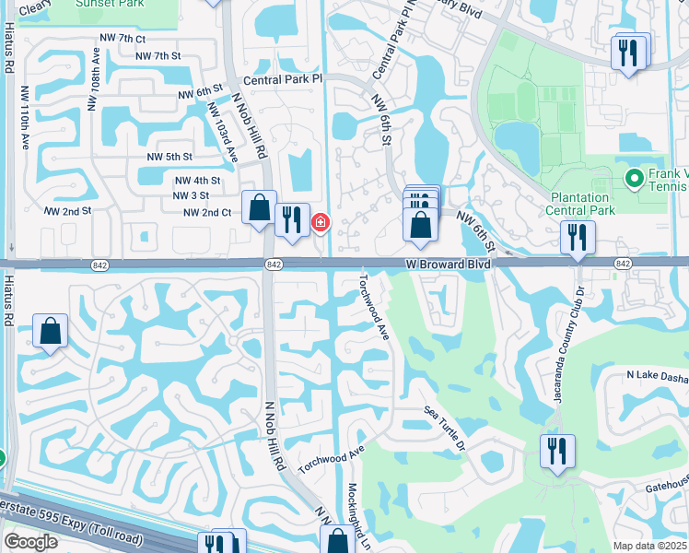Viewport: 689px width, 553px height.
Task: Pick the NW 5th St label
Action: click(169, 158)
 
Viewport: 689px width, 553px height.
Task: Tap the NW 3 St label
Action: click(191, 195)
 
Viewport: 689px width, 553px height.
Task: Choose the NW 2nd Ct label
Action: click(207, 212)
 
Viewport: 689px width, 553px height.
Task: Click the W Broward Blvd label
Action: click(448, 264)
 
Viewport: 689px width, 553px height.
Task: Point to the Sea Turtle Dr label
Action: click(447, 428)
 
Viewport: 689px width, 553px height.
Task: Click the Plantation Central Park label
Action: click(580, 204)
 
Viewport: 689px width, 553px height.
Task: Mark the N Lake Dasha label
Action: click(657, 375)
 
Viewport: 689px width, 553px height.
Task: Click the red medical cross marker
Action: click(321, 222)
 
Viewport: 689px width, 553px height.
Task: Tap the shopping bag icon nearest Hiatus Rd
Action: click(50, 331)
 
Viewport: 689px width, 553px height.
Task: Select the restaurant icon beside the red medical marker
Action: click(292, 219)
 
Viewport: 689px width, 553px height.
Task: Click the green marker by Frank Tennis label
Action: click(634, 177)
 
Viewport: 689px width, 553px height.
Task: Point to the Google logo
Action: click(30, 543)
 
